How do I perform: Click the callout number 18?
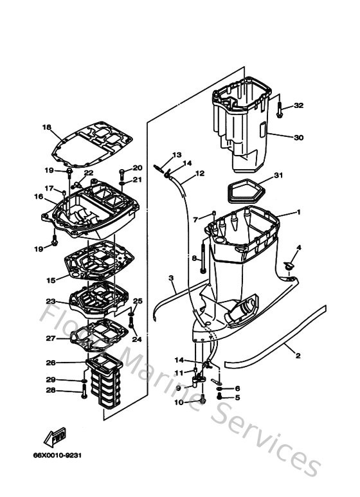pyautogui.click(x=46, y=127)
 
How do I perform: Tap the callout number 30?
pyautogui.click(x=298, y=137)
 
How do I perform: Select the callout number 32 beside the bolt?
pyautogui.click(x=298, y=105)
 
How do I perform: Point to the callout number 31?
pyautogui.click(x=278, y=175)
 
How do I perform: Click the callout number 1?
pyautogui.click(x=298, y=212)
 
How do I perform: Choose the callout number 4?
pyautogui.click(x=298, y=248)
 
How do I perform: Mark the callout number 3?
pyautogui.click(x=172, y=278)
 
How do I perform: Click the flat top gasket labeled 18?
pyautogui.click(x=94, y=145)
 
